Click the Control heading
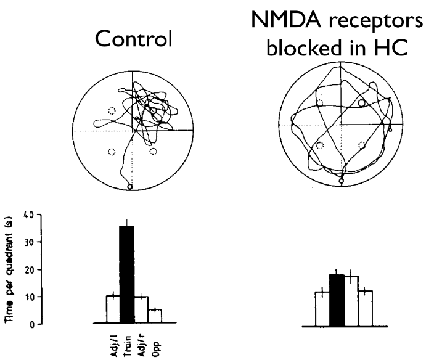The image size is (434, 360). tap(133, 39)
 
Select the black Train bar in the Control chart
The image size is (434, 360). tap(127, 274)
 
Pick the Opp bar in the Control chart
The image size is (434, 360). tap(155, 316)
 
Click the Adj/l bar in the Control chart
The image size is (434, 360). tap(113, 309)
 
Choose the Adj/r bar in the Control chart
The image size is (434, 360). tap(141, 309)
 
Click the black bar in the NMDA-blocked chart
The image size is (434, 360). tap(337, 300)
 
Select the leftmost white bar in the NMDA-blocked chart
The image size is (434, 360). tap(322, 309)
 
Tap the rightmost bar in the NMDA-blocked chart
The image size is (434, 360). tap(366, 309)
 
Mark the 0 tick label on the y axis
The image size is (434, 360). tap(31, 324)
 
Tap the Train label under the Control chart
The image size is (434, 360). tap(128, 346)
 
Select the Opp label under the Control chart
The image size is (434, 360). tap(156, 349)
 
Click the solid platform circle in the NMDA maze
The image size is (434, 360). tap(361, 103)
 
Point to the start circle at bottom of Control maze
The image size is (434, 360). tap(130, 187)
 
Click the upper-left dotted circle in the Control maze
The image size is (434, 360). tap(112, 111)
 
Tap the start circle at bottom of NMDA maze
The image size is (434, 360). tap(342, 181)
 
